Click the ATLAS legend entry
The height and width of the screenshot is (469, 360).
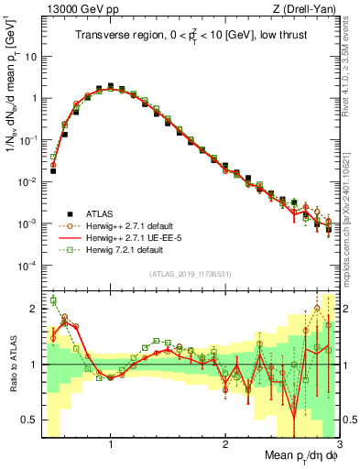click(x=96, y=213)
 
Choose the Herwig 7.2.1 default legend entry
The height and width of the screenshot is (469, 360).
click(x=123, y=249)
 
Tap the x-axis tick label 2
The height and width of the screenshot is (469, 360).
click(x=225, y=445)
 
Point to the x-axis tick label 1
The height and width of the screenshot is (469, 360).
click(x=111, y=445)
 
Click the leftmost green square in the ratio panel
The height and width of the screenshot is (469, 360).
click(x=53, y=300)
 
